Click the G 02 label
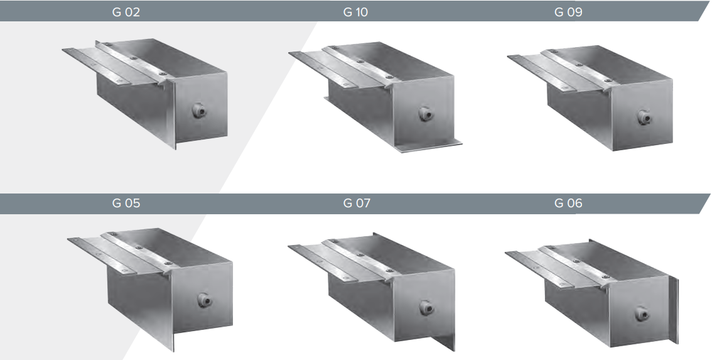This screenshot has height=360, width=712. [x=126, y=13]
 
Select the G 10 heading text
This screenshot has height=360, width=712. [x=355, y=13]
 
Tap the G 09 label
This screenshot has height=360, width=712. [x=568, y=13]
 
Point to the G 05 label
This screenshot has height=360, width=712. [x=126, y=203]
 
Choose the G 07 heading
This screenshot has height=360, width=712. [x=357, y=203]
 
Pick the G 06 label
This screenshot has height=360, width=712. [x=568, y=203]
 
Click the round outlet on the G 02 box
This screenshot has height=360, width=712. [x=198, y=111]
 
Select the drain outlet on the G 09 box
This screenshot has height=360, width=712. [x=644, y=117]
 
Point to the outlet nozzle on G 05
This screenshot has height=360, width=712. [x=204, y=300]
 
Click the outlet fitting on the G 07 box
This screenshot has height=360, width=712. [x=426, y=308]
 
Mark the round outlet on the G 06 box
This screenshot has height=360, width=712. [x=642, y=314]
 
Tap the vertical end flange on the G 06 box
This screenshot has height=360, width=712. [x=674, y=310]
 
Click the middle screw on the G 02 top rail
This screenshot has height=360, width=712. [x=134, y=58]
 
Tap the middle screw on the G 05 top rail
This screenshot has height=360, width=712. [x=139, y=248]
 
